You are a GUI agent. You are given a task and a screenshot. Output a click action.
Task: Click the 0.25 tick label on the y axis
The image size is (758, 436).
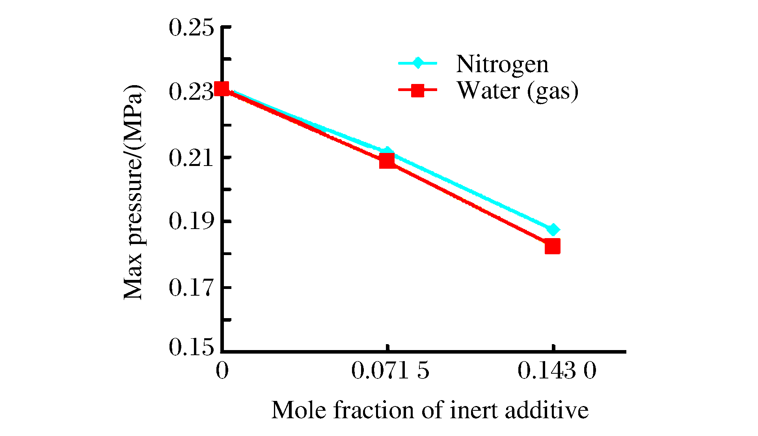tap(191, 28)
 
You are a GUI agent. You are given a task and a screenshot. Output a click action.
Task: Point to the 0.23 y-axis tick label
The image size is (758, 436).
tap(191, 92)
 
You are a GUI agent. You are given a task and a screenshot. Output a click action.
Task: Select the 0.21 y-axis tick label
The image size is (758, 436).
tap(191, 158)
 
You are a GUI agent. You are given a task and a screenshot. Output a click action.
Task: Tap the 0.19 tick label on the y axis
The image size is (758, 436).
tap(191, 221)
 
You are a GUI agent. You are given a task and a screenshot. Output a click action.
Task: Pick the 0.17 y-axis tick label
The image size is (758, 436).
tap(191, 288)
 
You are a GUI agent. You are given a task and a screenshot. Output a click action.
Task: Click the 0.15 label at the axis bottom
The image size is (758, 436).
tap(191, 348)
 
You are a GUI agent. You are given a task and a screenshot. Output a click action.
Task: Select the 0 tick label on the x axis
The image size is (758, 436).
tap(222, 371)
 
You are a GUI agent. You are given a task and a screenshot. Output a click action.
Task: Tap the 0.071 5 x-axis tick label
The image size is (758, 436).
tap(390, 371)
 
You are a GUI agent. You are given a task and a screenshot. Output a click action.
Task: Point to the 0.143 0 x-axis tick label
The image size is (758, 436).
tap(557, 371)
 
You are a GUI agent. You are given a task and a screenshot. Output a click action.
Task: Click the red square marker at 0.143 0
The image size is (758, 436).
tap(552, 246)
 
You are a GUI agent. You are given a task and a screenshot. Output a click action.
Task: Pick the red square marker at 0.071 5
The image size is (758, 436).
tap(387, 160)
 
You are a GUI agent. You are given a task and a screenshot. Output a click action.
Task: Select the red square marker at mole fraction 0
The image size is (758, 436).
tap(222, 89)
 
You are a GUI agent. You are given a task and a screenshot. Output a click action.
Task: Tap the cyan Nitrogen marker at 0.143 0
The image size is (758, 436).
tap(553, 229)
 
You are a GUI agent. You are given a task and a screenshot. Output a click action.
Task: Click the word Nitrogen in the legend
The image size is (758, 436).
tap(502, 64)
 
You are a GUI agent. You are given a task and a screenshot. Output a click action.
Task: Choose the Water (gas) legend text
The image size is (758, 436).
tap(518, 91)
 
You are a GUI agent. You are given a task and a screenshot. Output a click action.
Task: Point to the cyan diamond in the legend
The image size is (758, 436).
tap(417, 63)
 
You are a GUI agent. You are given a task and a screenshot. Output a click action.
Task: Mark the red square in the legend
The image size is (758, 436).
tap(417, 90)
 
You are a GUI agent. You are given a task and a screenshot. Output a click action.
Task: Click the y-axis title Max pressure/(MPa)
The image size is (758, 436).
tap(133, 192)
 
